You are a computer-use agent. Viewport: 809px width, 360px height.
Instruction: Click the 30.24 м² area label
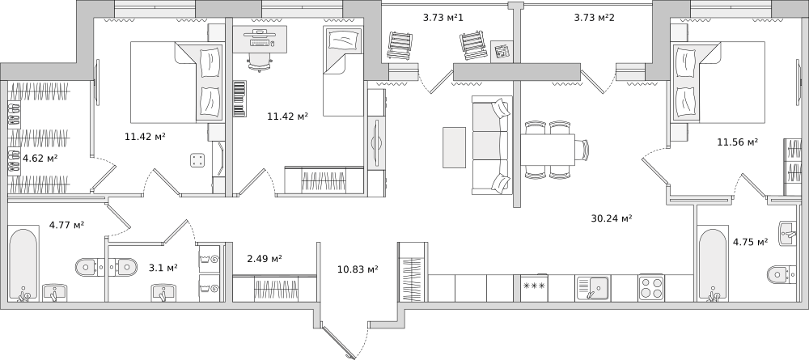pyautogui.click(x=612, y=218)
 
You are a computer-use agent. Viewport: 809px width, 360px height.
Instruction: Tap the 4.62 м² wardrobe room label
pyautogui.click(x=40, y=158)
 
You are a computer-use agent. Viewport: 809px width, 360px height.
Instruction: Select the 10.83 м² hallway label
pyautogui.click(x=358, y=269)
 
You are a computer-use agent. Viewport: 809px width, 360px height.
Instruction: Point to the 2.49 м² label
pyautogui.click(x=265, y=258)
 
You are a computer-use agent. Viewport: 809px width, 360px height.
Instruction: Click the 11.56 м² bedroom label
pyautogui.click(x=737, y=142)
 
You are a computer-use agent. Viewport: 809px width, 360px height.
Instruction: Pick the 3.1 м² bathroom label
pyautogui.click(x=163, y=267)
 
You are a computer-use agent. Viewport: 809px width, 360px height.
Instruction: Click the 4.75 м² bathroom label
pyautogui.click(x=750, y=241)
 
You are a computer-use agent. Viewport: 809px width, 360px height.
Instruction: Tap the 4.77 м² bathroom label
pyautogui.click(x=66, y=224)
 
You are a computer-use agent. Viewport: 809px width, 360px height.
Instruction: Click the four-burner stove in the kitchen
pyautogui.click(x=651, y=288)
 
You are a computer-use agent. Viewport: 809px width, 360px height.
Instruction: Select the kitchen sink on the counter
pyautogui.click(x=592, y=288)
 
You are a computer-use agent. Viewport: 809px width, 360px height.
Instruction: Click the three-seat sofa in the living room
pyautogui.click(x=490, y=146)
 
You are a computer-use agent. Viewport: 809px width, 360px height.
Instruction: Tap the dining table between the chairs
pyautogui.click(x=548, y=149)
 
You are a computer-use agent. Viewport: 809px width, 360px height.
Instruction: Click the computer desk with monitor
pyautogui.click(x=260, y=39)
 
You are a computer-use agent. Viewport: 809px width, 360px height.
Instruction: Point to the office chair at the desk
pyautogui.click(x=260, y=61)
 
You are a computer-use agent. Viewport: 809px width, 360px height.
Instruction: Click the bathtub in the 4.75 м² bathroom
pyautogui.click(x=713, y=265)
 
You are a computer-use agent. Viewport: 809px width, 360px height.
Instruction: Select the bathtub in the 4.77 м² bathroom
pyautogui.click(x=23, y=263)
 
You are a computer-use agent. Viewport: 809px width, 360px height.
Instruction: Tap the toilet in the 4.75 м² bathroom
pyautogui.click(x=782, y=274)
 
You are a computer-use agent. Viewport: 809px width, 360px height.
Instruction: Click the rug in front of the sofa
pyautogui.click(x=454, y=147)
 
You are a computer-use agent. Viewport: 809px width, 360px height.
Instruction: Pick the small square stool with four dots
pyautogui.click(x=197, y=160)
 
